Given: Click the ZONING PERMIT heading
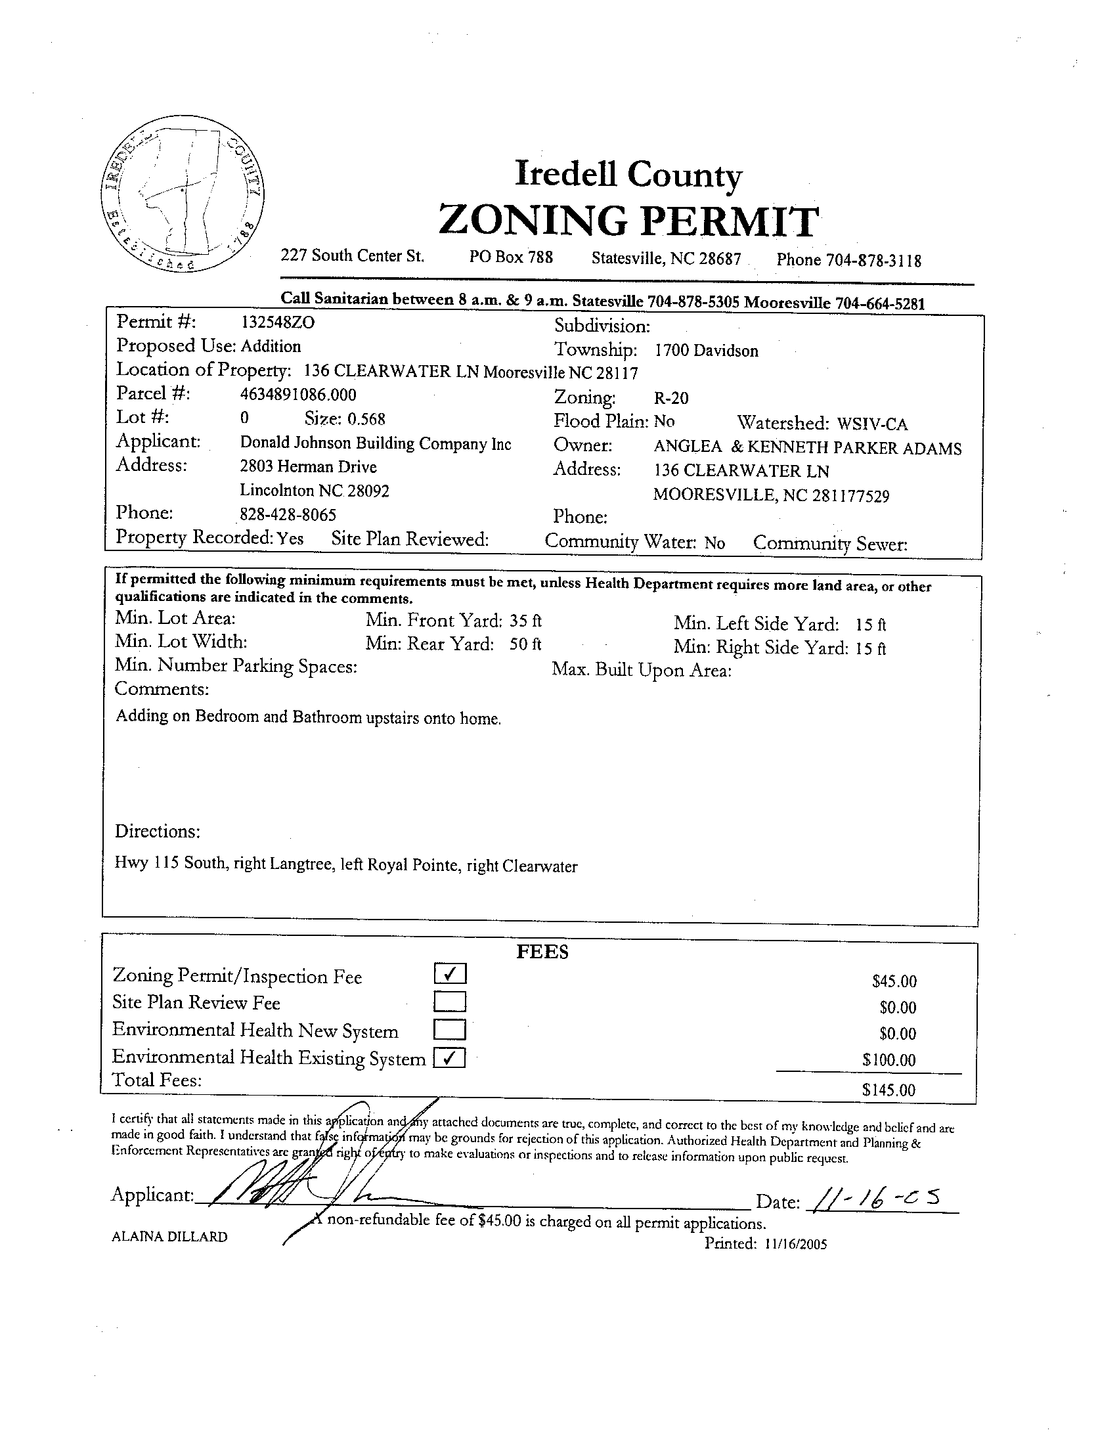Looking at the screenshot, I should (x=628, y=221).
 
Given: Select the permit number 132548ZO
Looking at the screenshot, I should (x=277, y=322).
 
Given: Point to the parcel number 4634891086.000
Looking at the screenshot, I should (x=298, y=395).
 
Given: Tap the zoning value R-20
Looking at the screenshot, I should (x=671, y=398).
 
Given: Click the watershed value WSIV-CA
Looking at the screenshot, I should (x=872, y=424).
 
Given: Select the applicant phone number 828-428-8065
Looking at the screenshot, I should (x=288, y=515).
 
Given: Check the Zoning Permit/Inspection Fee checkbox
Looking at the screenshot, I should (x=450, y=974).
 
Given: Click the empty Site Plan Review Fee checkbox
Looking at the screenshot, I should (x=450, y=1002).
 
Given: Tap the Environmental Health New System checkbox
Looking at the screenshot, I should (x=450, y=1030).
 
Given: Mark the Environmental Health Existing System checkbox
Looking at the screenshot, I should (x=450, y=1059).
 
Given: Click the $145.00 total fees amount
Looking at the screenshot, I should (x=889, y=1090).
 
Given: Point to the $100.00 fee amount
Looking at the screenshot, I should (x=889, y=1061).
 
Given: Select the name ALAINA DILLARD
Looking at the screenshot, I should (x=170, y=1237).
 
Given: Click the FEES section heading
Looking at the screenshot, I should (x=542, y=952).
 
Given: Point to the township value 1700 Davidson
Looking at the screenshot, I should (x=707, y=351).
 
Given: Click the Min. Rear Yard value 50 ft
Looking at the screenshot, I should (x=525, y=644).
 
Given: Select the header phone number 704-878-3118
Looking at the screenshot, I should (x=873, y=260).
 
